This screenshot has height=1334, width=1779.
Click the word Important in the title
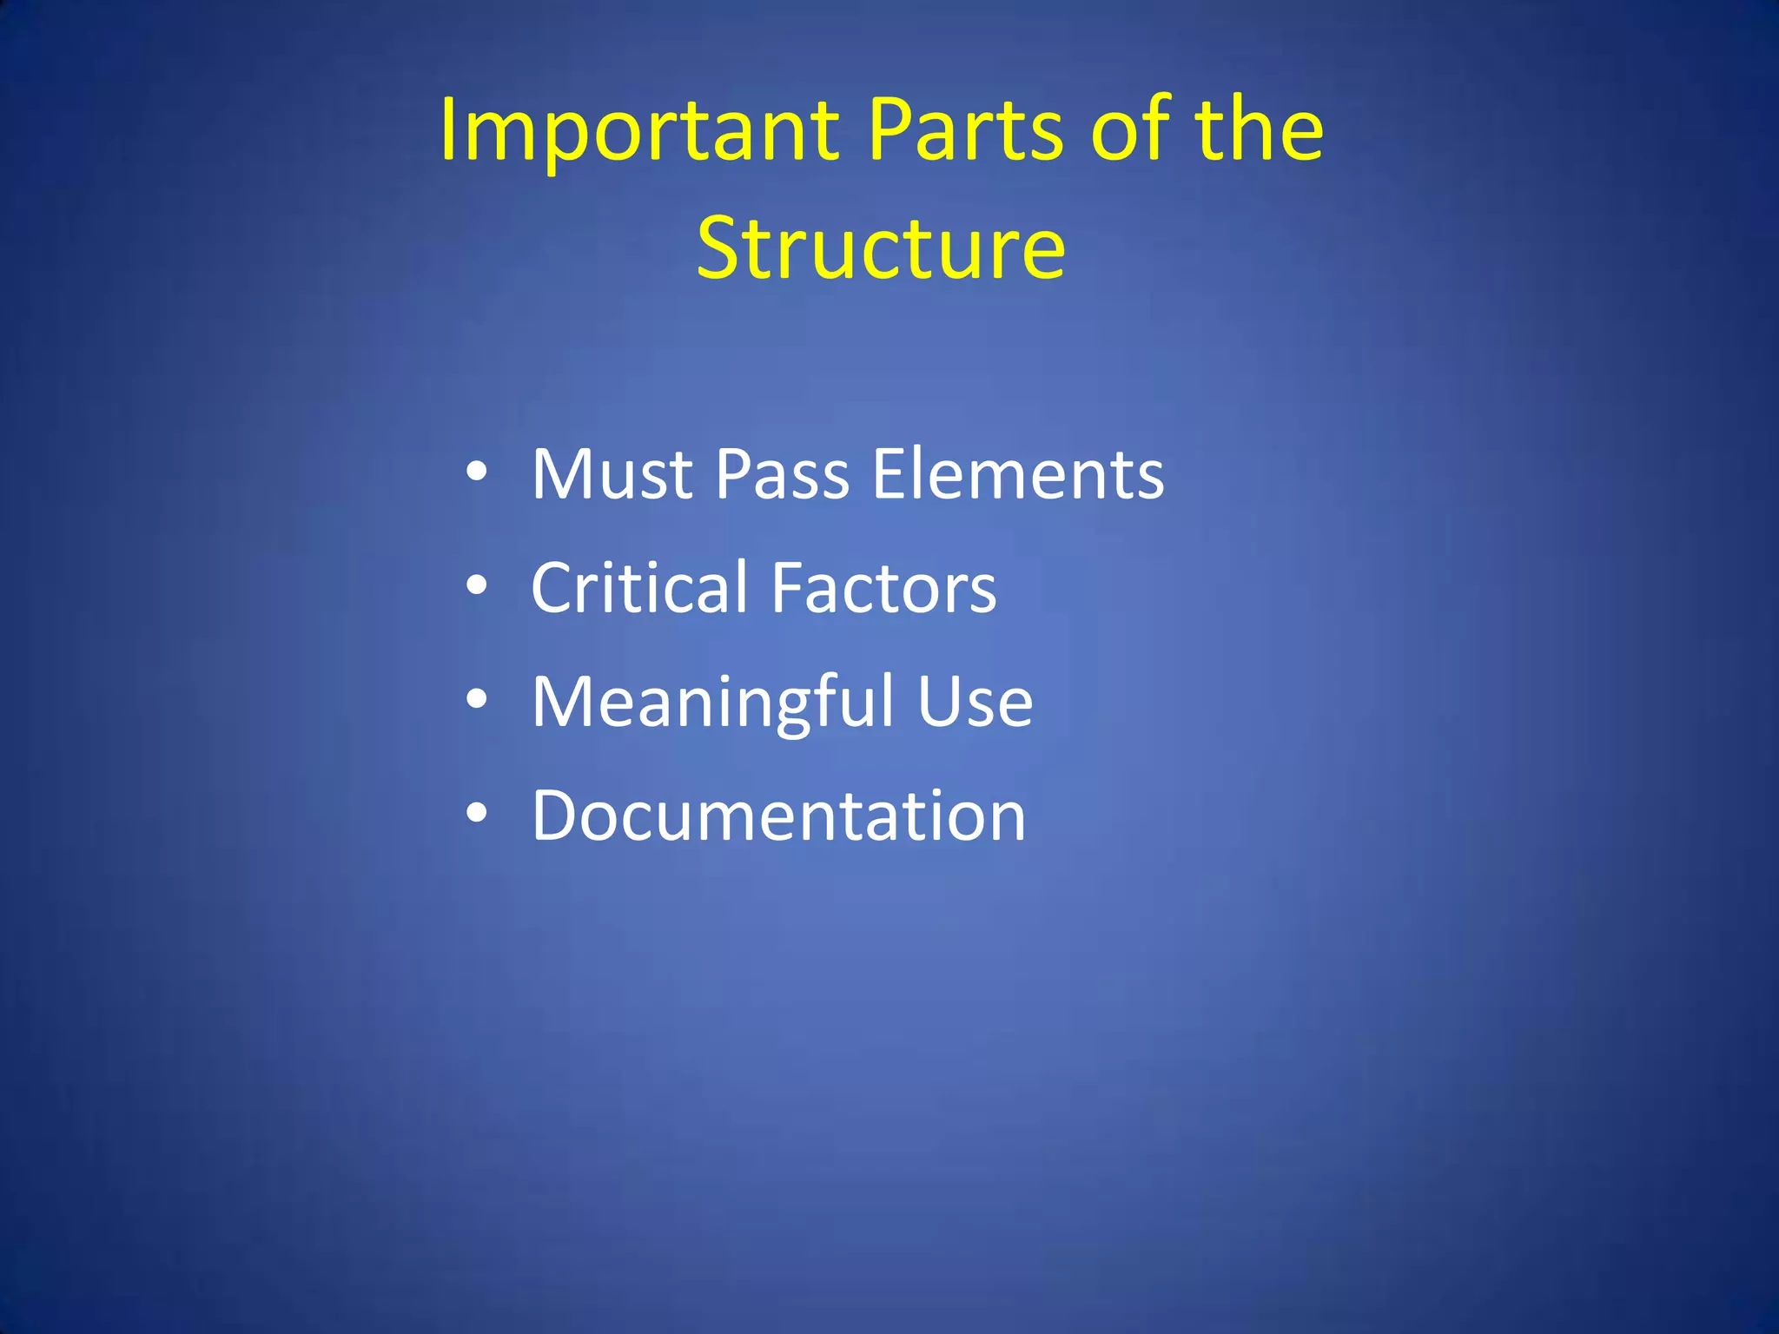(639, 132)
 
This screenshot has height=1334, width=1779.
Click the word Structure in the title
(881, 249)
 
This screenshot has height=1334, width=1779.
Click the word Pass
(782, 475)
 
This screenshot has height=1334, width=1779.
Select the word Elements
(1017, 475)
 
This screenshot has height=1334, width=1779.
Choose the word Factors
(883, 588)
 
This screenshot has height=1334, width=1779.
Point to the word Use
(975, 703)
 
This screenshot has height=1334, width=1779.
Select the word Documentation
(778, 816)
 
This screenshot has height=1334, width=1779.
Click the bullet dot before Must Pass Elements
(476, 473)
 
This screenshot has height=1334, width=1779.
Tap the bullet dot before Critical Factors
(476, 586)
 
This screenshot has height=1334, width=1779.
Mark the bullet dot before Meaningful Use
(476, 700)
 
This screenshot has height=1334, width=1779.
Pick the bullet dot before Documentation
(476, 814)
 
